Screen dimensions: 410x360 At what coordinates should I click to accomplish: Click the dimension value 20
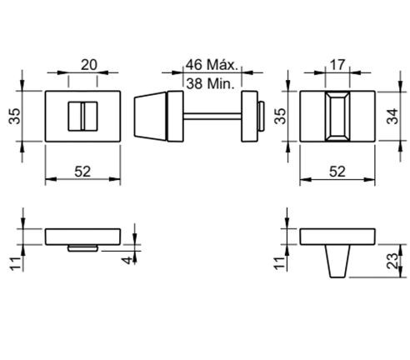coord(89,65)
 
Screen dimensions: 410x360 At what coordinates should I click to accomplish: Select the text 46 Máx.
coord(212,64)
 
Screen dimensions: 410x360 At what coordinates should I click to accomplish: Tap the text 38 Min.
coord(210,83)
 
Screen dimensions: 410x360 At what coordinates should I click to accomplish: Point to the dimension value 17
coord(337,65)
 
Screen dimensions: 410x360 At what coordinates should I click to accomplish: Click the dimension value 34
coord(392,116)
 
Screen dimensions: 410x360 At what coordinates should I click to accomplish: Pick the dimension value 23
coord(392,261)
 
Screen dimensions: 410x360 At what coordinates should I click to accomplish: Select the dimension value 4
coord(127,260)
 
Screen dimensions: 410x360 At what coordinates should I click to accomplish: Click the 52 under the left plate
coord(82,172)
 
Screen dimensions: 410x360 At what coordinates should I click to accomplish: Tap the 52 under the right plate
coord(337,172)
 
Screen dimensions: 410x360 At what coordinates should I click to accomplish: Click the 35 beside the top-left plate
coord(15,116)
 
